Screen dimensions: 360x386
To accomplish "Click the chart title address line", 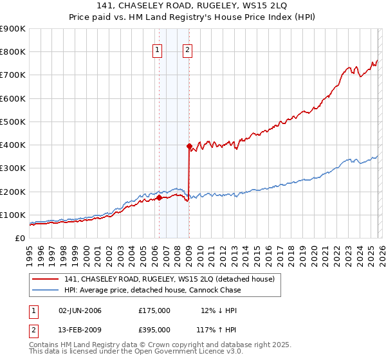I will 193,6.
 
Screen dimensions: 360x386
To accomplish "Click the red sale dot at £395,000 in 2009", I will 189,146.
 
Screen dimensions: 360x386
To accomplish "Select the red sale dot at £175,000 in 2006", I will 159,197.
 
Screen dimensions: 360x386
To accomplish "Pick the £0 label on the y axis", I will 19,238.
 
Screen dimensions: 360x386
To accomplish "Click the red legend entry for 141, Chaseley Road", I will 169,279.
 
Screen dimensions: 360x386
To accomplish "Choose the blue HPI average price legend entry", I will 152,290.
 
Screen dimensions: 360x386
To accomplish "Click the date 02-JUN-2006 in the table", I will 80,311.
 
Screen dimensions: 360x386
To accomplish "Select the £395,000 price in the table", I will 154,329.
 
